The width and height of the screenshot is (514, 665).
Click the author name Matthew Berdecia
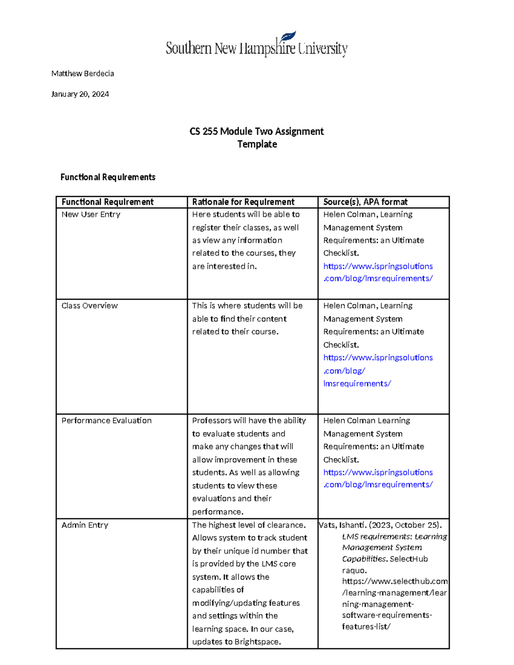83,74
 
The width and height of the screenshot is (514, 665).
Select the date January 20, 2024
80,94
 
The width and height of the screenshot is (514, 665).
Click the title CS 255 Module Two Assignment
257,131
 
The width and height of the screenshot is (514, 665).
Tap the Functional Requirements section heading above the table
108,177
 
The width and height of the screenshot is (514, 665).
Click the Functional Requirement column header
108,202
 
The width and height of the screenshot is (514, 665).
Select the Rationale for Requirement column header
243,202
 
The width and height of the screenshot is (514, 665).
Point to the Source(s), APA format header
365,202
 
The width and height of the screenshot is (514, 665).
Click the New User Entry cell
91,215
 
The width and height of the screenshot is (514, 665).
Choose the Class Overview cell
90,306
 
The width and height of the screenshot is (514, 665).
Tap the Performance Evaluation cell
106,421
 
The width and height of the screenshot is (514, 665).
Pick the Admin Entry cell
85,525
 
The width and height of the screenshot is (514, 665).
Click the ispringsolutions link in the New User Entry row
378,272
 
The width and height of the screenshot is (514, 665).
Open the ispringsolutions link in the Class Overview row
378,358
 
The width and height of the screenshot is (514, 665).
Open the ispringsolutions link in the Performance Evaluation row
378,479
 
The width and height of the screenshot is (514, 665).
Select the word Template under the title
257,144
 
